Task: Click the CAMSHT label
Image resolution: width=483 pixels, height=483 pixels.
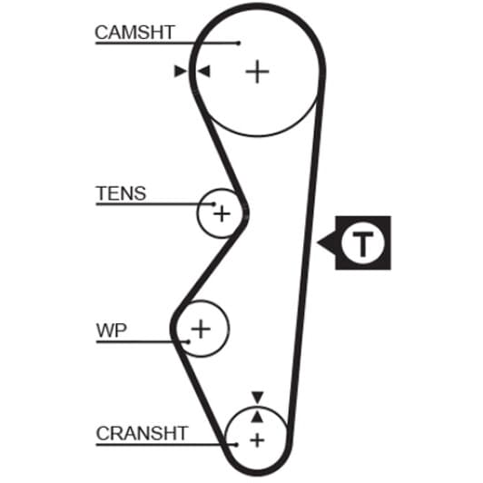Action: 135,33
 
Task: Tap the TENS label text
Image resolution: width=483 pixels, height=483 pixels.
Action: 121,193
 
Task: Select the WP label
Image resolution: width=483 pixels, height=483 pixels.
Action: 112,330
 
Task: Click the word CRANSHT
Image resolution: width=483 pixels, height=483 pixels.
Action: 142,433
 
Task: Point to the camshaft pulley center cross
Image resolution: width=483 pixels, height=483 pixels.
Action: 257,72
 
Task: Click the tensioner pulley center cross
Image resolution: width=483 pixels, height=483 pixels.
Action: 222,213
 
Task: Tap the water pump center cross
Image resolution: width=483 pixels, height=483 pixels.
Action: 201,329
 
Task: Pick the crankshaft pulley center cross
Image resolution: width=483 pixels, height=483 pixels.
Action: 257,439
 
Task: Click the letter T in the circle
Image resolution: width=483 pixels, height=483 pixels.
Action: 363,244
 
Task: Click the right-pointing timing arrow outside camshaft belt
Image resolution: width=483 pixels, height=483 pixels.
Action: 180,71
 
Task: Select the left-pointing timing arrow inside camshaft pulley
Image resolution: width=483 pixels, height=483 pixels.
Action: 204,71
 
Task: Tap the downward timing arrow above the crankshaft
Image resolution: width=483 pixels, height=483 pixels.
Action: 258,397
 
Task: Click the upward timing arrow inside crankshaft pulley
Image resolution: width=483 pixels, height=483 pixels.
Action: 258,417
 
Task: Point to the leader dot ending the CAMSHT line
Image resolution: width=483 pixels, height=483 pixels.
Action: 238,44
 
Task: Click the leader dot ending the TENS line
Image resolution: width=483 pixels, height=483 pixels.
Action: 213,204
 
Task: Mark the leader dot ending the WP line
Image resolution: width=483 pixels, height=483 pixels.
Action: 189,341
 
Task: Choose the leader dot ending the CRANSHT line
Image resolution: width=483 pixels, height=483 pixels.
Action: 236,445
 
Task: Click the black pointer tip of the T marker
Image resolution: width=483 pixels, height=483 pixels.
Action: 318,242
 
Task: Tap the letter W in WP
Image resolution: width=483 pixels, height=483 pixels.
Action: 106,330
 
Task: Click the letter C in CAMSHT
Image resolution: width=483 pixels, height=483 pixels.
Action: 102,33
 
